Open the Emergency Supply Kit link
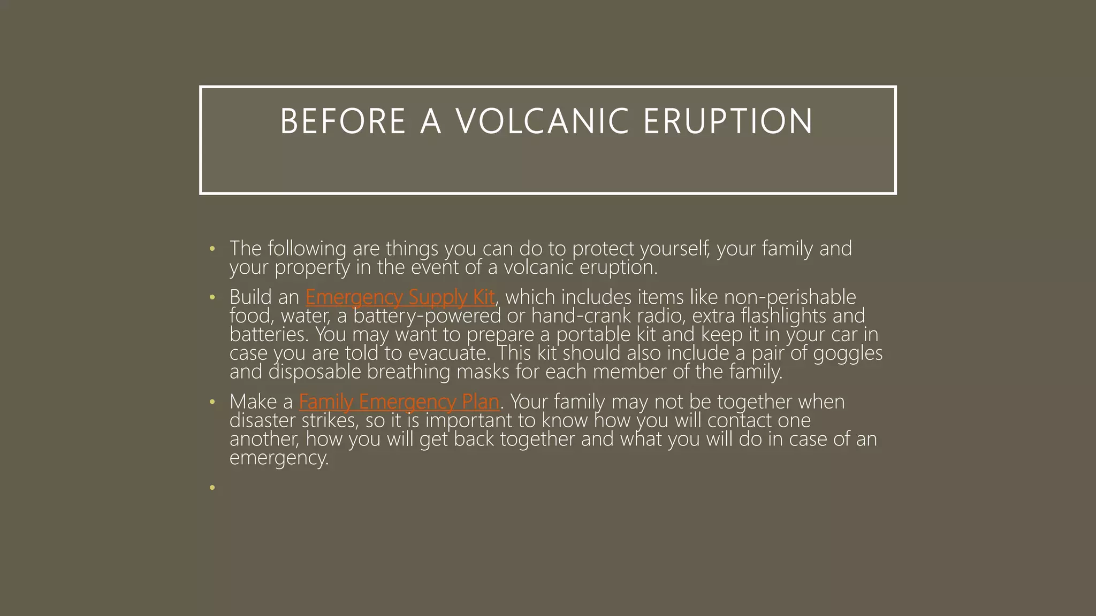(x=400, y=297)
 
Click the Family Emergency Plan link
(x=399, y=402)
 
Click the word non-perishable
(x=790, y=297)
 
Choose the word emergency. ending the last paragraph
(x=278, y=458)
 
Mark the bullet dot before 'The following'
(x=212, y=249)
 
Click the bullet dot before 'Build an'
(x=212, y=297)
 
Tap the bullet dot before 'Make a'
(x=212, y=402)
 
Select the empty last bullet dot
(x=212, y=487)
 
